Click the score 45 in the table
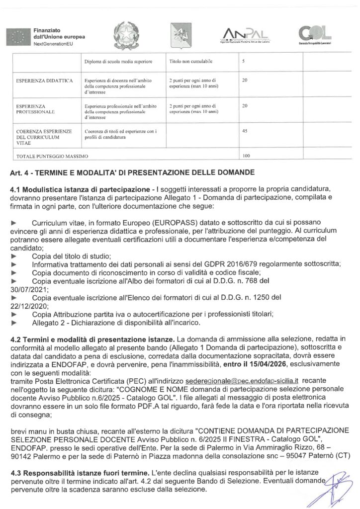point(244,131)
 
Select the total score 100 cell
point(246,156)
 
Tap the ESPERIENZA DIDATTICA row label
point(45,80)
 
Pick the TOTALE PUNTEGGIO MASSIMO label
point(52,157)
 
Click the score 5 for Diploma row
point(243,61)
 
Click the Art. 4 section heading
point(132,172)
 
